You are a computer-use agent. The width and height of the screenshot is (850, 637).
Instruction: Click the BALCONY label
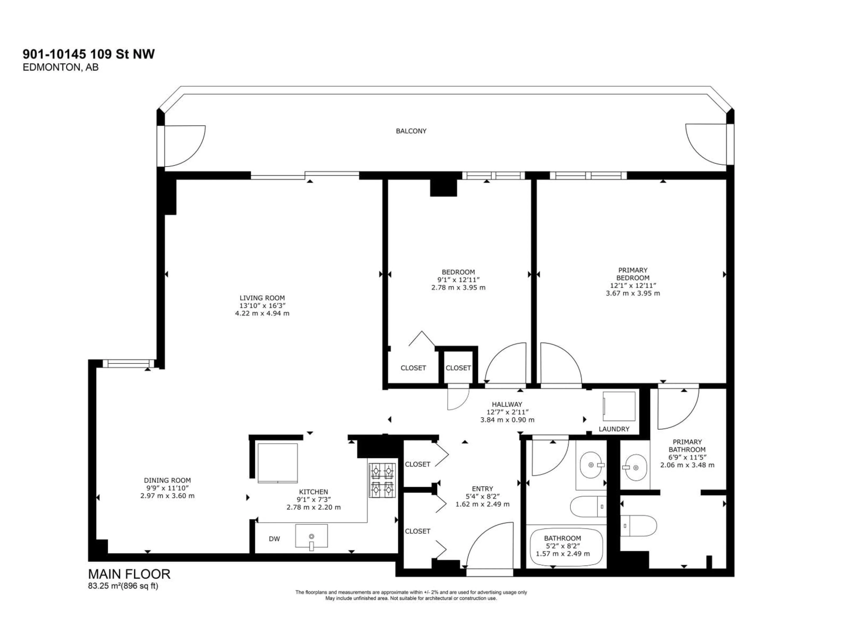point(411,131)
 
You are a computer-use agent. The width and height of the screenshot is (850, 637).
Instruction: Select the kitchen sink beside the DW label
point(311,536)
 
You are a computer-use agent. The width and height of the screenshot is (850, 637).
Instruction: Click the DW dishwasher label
point(274,539)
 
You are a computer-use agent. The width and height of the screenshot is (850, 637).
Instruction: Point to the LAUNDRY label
point(614,429)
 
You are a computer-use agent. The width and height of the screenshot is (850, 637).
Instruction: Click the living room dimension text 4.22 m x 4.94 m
point(262,313)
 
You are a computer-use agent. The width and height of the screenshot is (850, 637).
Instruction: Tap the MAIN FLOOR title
point(129,574)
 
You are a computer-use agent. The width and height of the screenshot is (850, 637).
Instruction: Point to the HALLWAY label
point(507,404)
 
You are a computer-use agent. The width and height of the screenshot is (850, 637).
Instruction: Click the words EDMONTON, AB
point(60,67)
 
